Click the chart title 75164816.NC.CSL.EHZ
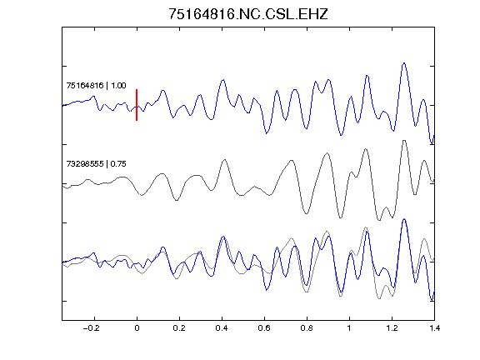coord(248,14)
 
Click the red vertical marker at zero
coord(137,105)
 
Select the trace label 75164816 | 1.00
coord(96,85)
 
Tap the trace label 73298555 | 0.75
coord(96,164)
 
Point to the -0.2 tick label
coord(92,328)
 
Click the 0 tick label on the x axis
coord(137,328)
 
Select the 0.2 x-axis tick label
coord(179,328)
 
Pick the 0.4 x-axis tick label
coord(222,328)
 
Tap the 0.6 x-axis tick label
coord(264,328)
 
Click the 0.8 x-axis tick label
coord(307,328)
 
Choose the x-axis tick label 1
coord(349,328)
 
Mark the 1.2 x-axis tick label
coord(392,328)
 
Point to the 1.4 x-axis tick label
coord(434,328)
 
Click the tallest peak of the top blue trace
coord(404,63)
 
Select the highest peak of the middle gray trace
coord(404,141)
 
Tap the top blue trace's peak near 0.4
coord(223,80)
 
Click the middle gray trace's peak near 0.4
coord(225,159)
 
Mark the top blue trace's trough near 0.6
coord(267,133)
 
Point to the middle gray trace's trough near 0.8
coord(306,213)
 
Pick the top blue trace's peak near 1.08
coord(367,75)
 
